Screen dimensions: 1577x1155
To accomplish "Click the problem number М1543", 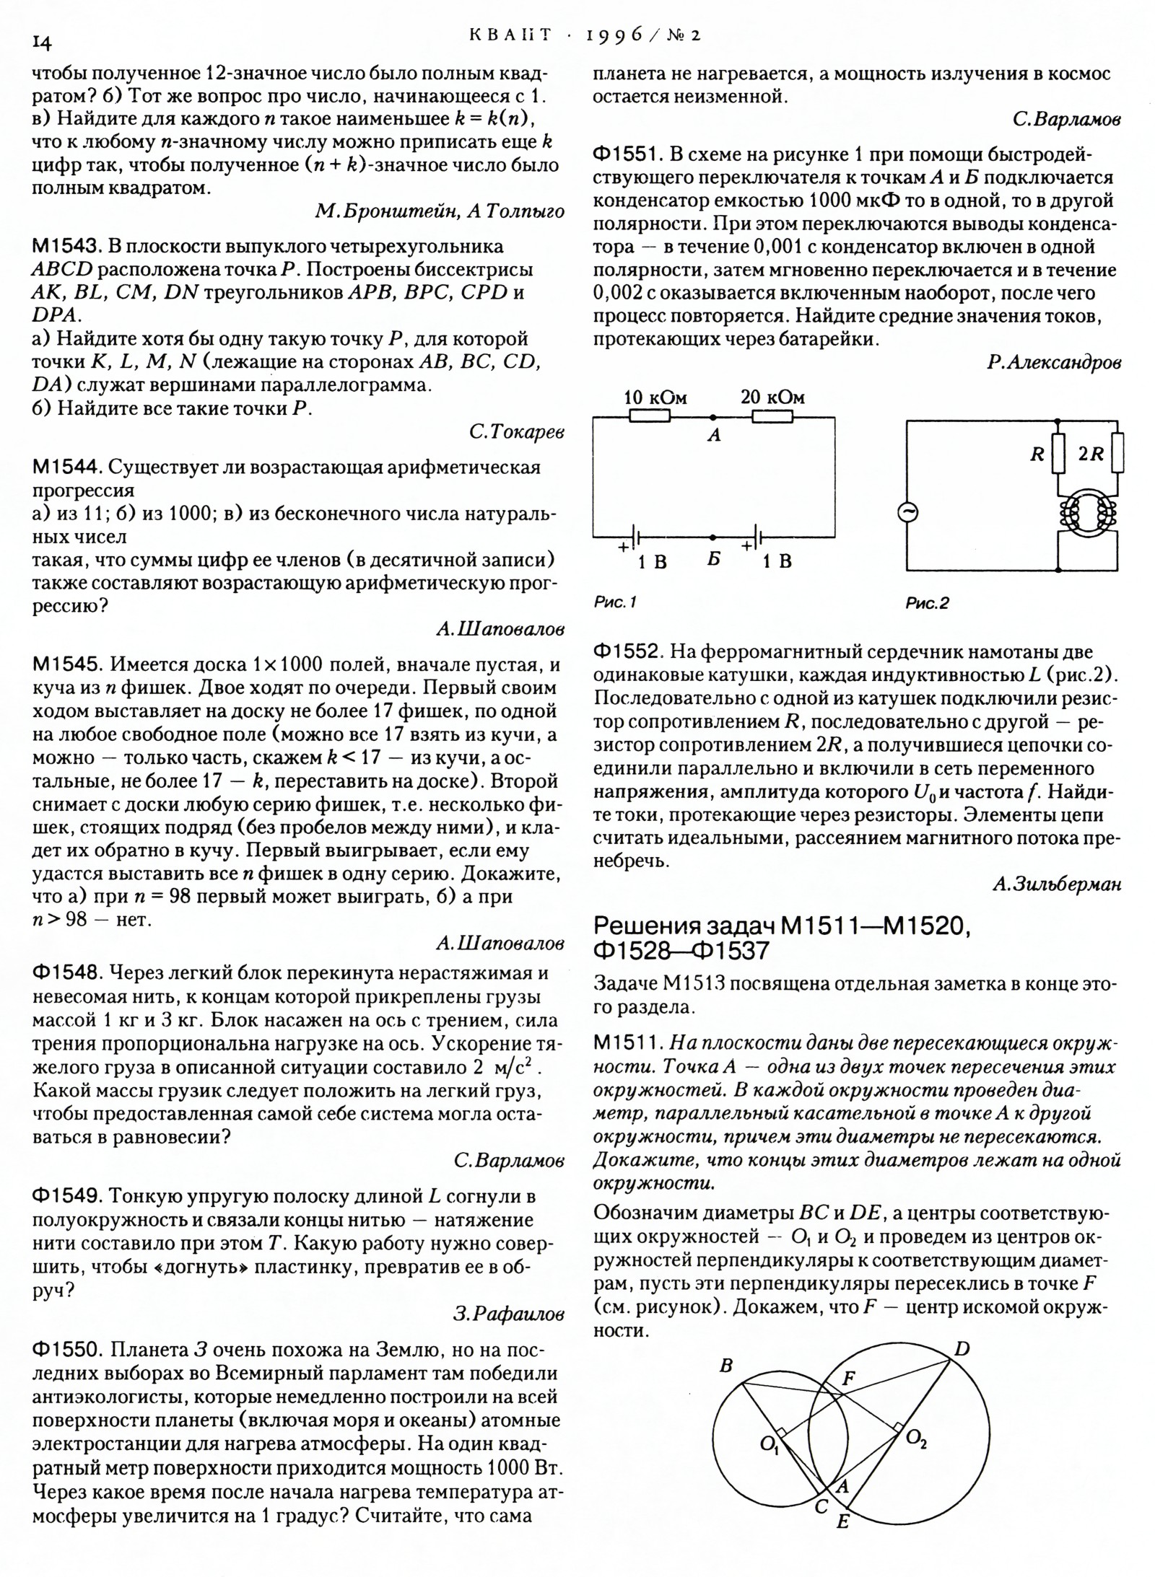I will tap(66, 247).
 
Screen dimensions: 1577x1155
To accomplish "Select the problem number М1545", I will tap(66, 664).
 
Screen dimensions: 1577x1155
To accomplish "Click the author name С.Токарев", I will tap(516, 432).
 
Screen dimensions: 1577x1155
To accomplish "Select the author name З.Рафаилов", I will tap(508, 1314).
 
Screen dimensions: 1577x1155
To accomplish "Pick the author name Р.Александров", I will tap(1054, 364).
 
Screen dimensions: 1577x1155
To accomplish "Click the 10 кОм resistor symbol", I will tap(650, 417).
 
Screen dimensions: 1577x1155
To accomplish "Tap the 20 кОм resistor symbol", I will tap(772, 417).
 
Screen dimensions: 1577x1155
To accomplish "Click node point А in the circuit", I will tap(713, 418).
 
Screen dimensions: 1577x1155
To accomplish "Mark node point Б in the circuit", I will tap(713, 537).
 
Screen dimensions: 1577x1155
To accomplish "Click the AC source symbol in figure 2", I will tap(907, 512).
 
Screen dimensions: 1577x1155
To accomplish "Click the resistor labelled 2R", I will tap(1117, 453).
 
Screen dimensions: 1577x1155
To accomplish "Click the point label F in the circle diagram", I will tap(849, 1377).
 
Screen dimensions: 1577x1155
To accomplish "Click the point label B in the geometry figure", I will tap(726, 1366).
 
